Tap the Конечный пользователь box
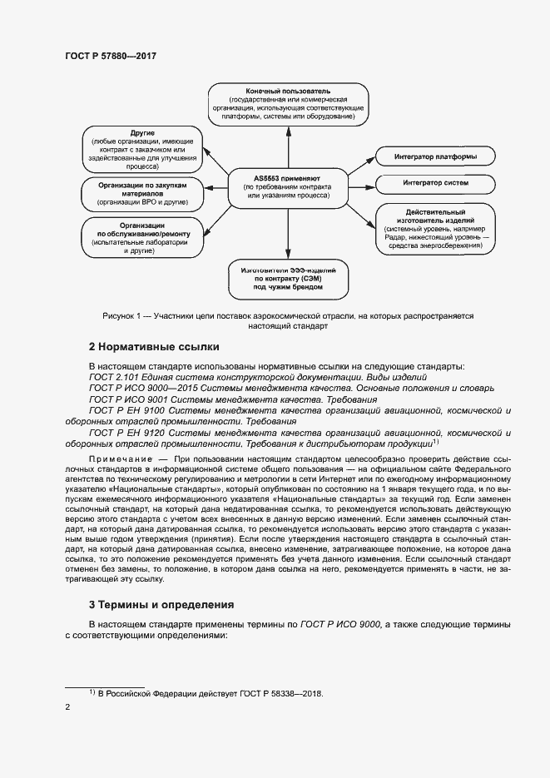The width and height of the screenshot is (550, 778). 288,104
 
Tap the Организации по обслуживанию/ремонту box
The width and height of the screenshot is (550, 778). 142,237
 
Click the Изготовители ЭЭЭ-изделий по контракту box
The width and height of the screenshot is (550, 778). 287,276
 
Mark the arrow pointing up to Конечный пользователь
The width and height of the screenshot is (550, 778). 288,146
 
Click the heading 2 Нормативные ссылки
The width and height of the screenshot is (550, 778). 153,346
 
